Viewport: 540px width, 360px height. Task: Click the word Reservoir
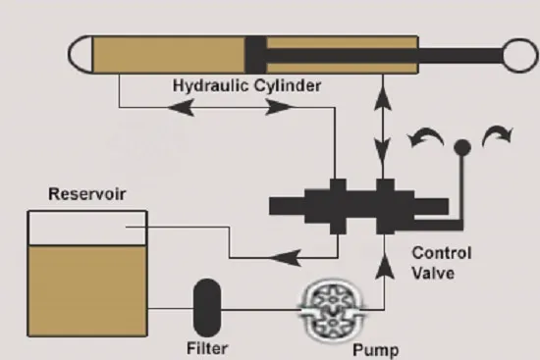coord(87,194)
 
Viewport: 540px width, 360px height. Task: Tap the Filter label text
coord(207,348)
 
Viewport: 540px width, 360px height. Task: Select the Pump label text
coord(376,350)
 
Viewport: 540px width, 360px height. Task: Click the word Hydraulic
coord(210,85)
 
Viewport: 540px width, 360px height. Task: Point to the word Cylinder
coord(288,85)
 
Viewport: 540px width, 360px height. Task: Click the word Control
coord(442,253)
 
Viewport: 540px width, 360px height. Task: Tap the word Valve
coord(433,274)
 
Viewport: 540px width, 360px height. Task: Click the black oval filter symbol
coord(207,308)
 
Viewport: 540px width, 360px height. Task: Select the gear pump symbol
coord(332,311)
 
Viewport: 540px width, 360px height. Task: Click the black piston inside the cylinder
coord(255,55)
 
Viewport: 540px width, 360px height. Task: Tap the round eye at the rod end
coord(520,55)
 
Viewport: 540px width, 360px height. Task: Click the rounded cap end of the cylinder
coord(81,54)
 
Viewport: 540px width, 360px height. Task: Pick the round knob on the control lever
coord(462,148)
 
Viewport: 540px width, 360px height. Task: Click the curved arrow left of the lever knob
coord(425,134)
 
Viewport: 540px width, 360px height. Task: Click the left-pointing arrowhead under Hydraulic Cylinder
coord(181,107)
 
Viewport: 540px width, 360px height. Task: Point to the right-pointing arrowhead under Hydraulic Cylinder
coord(280,107)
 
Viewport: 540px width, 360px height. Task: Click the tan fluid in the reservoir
coord(87,290)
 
